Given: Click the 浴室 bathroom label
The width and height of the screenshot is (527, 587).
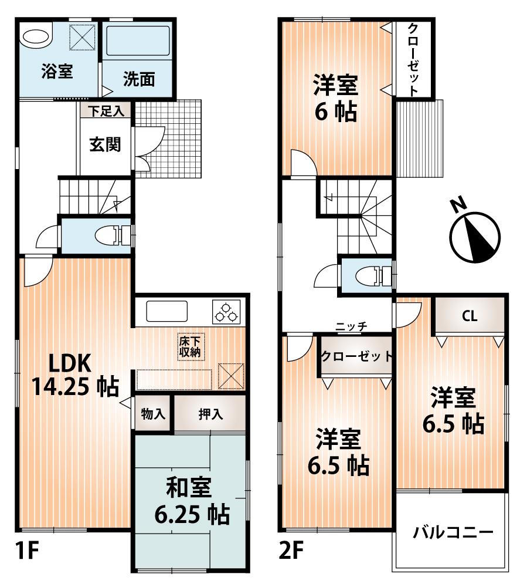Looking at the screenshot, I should pos(57,72).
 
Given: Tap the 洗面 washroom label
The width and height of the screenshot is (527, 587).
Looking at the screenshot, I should pos(139,80).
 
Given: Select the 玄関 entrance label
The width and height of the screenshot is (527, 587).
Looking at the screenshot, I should pos(106,144).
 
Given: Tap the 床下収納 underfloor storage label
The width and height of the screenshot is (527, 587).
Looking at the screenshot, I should pos(190,346).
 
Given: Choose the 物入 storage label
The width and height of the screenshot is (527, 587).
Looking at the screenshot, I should pos(153,414).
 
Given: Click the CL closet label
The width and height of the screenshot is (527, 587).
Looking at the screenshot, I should pos(470,316).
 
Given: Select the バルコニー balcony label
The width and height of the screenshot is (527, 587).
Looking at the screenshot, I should pos(452,534).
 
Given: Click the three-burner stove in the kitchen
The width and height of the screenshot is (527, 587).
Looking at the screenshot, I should pos(227,312).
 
